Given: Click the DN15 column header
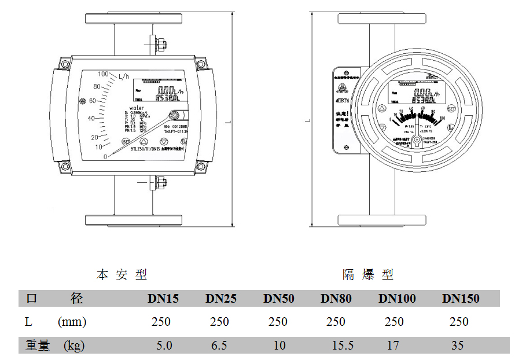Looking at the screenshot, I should click(x=163, y=299).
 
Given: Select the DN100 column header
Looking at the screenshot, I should click(x=397, y=299).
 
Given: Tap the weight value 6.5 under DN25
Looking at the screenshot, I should click(x=219, y=346).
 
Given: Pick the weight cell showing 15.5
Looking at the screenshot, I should click(x=343, y=346).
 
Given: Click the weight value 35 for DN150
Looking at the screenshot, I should click(x=458, y=346).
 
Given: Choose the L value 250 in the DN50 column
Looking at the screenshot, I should click(x=278, y=322).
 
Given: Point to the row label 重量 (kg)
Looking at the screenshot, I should click(x=55, y=346).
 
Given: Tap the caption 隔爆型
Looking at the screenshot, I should click(x=367, y=274).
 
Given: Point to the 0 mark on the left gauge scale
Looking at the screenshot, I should click(x=105, y=156).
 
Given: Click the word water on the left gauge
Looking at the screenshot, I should click(x=137, y=108).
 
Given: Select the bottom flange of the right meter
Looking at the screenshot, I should click(x=382, y=220).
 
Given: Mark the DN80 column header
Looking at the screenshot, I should click(x=336, y=299).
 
